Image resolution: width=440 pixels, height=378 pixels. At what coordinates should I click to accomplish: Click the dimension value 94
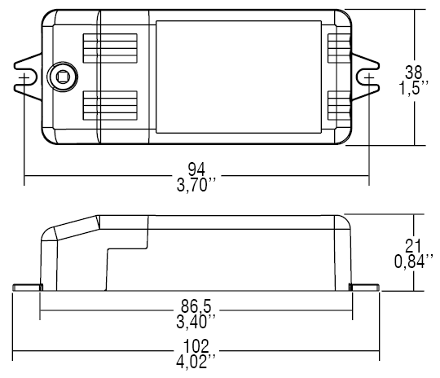pyautogui.click(x=196, y=169)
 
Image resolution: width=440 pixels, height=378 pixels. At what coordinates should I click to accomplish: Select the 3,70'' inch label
pyautogui.click(x=196, y=185)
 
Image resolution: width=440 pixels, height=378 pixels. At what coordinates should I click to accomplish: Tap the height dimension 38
pyautogui.click(x=416, y=71)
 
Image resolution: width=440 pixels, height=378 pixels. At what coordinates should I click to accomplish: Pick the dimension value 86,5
pyautogui.click(x=196, y=305)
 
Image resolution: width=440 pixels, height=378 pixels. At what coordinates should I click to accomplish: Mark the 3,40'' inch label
pyautogui.click(x=196, y=320)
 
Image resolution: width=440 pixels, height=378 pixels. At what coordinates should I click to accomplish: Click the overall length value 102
pyautogui.click(x=196, y=345)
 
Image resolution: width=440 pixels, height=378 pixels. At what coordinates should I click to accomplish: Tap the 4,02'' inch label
pyautogui.click(x=196, y=359)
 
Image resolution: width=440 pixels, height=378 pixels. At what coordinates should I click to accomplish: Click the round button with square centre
pyautogui.click(x=61, y=77)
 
